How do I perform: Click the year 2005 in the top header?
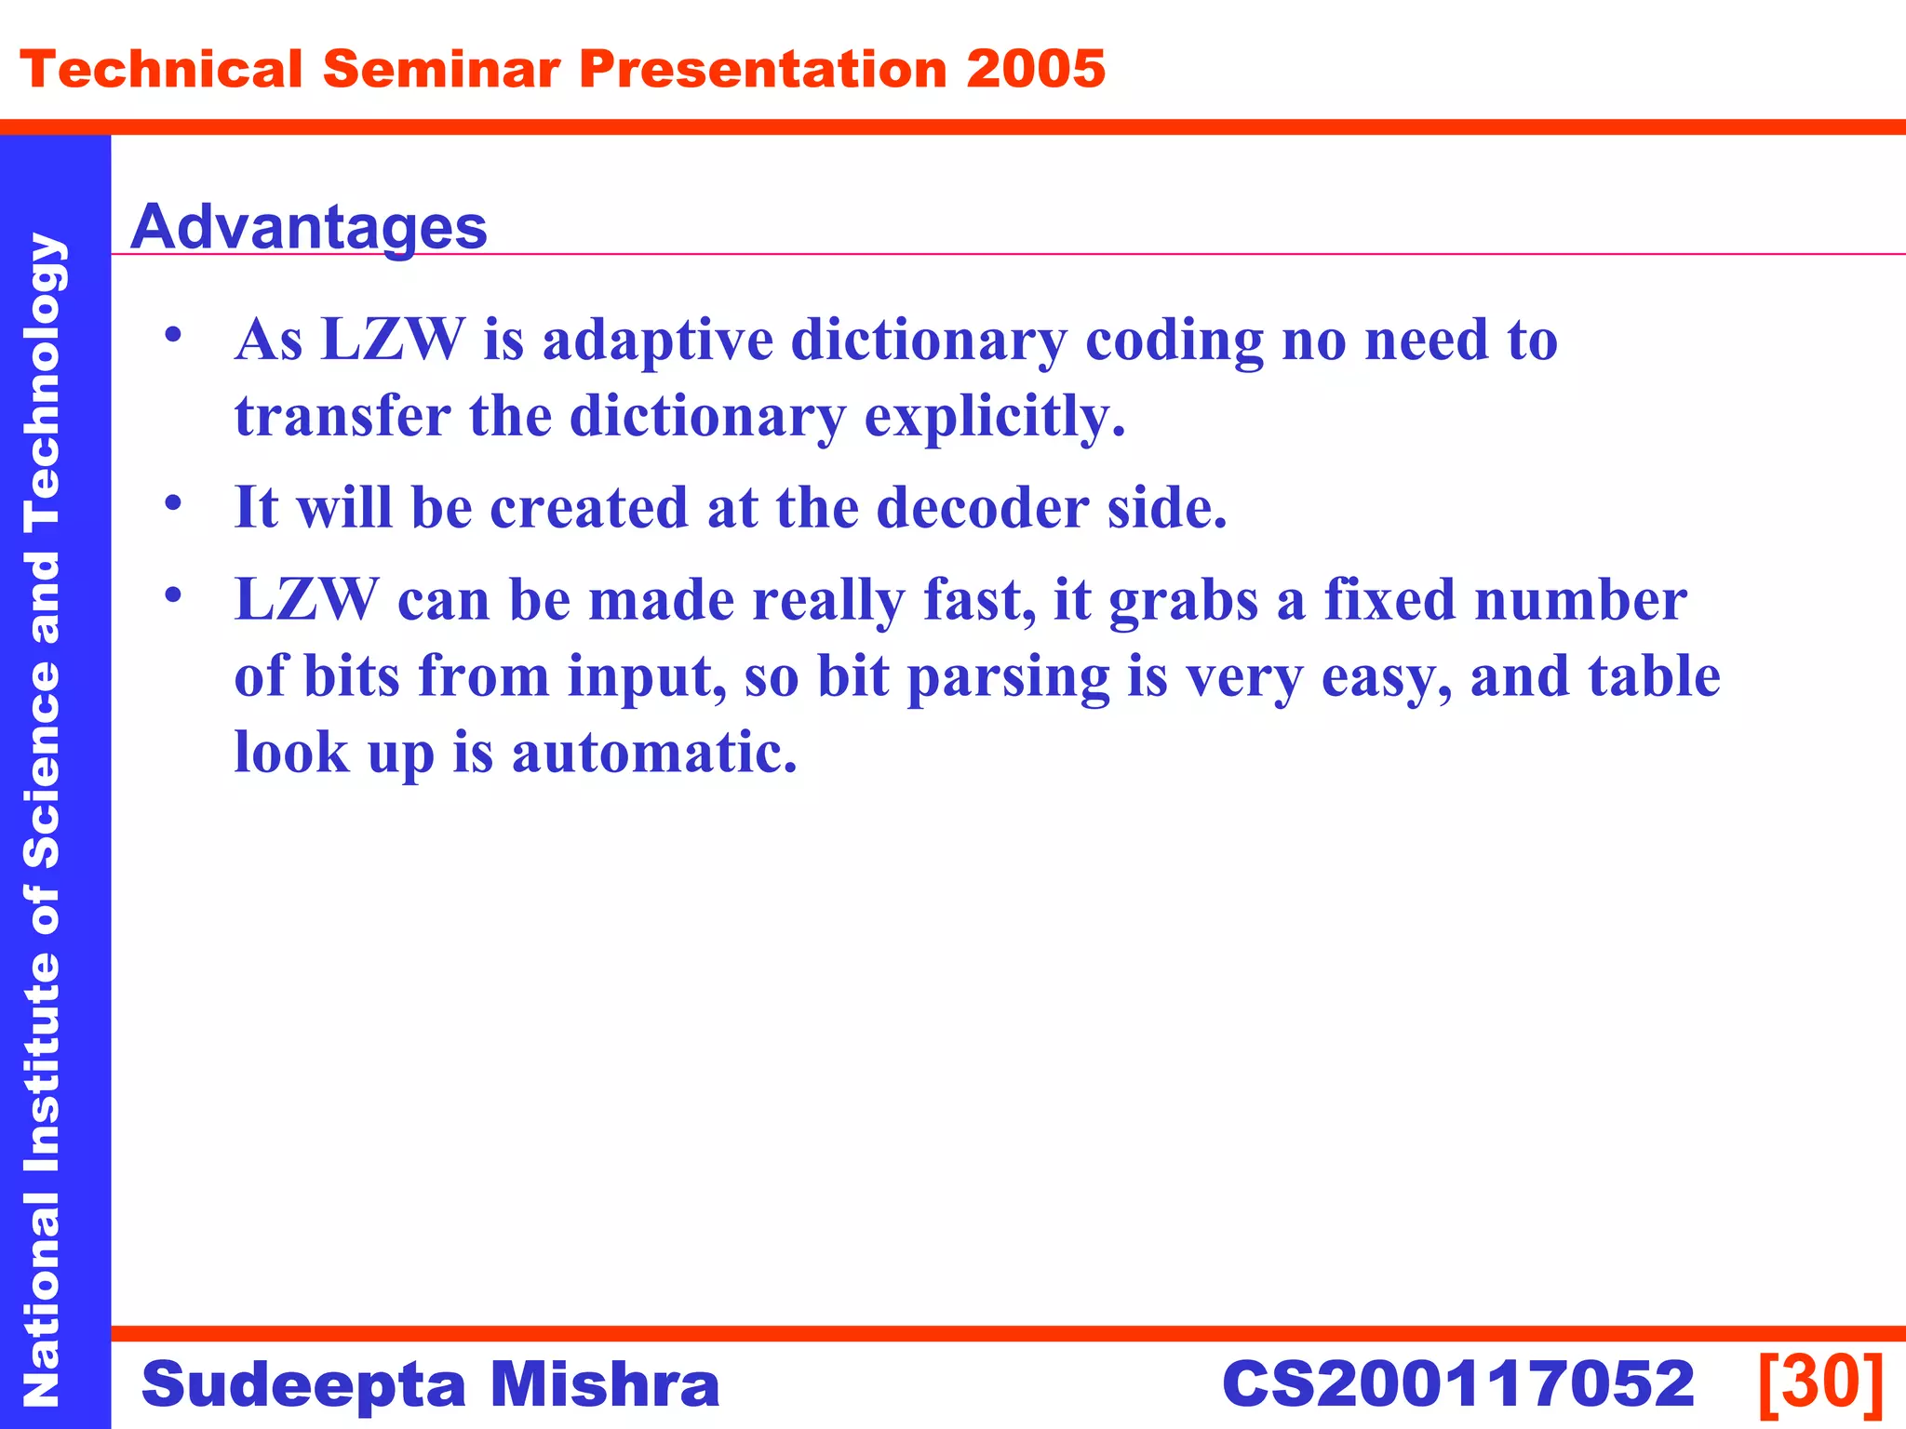1035,70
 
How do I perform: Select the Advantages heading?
308,227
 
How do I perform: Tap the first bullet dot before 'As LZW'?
173,335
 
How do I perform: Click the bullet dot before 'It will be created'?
173,503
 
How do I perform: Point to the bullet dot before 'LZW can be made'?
173,594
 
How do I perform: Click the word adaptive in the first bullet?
657,341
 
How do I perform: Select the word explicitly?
994,416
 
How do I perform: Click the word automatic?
654,753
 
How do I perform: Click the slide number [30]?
1820,1383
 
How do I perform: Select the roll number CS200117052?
1457,1383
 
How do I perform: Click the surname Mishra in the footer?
605,1383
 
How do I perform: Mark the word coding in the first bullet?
1174,341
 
